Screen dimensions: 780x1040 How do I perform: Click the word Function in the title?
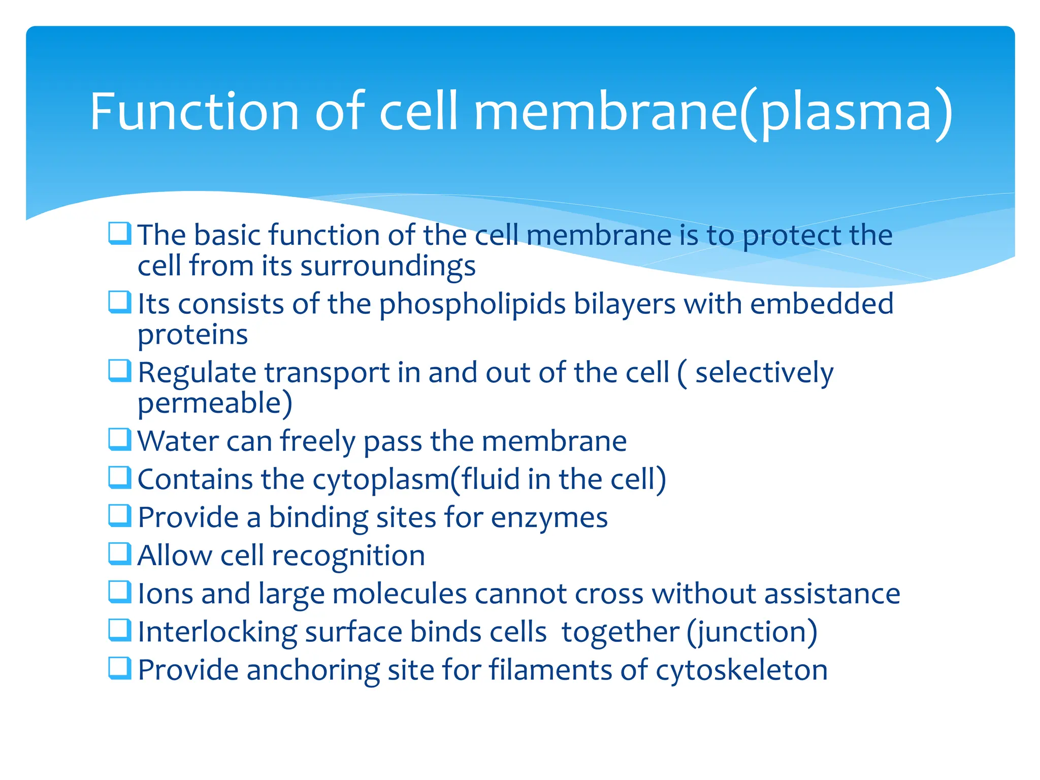[x=194, y=112]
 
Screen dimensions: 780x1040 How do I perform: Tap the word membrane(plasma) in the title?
[x=713, y=113]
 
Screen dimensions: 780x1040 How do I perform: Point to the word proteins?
[x=192, y=336]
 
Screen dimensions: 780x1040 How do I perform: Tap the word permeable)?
[x=215, y=404]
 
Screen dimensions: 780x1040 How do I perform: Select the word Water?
[x=178, y=441]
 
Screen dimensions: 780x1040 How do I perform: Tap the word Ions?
[x=166, y=594]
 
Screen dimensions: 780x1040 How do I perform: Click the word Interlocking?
[x=217, y=633]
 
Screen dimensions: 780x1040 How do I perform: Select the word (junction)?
[x=752, y=633]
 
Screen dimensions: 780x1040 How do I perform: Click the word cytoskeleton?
[x=741, y=671]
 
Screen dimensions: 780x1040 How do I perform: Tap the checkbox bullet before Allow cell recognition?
[x=120, y=554]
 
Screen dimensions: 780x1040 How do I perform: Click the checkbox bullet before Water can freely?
[x=120, y=440]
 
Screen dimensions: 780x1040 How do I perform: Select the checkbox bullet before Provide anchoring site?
[x=120, y=668]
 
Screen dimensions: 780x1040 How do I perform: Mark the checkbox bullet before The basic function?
[x=120, y=234]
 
